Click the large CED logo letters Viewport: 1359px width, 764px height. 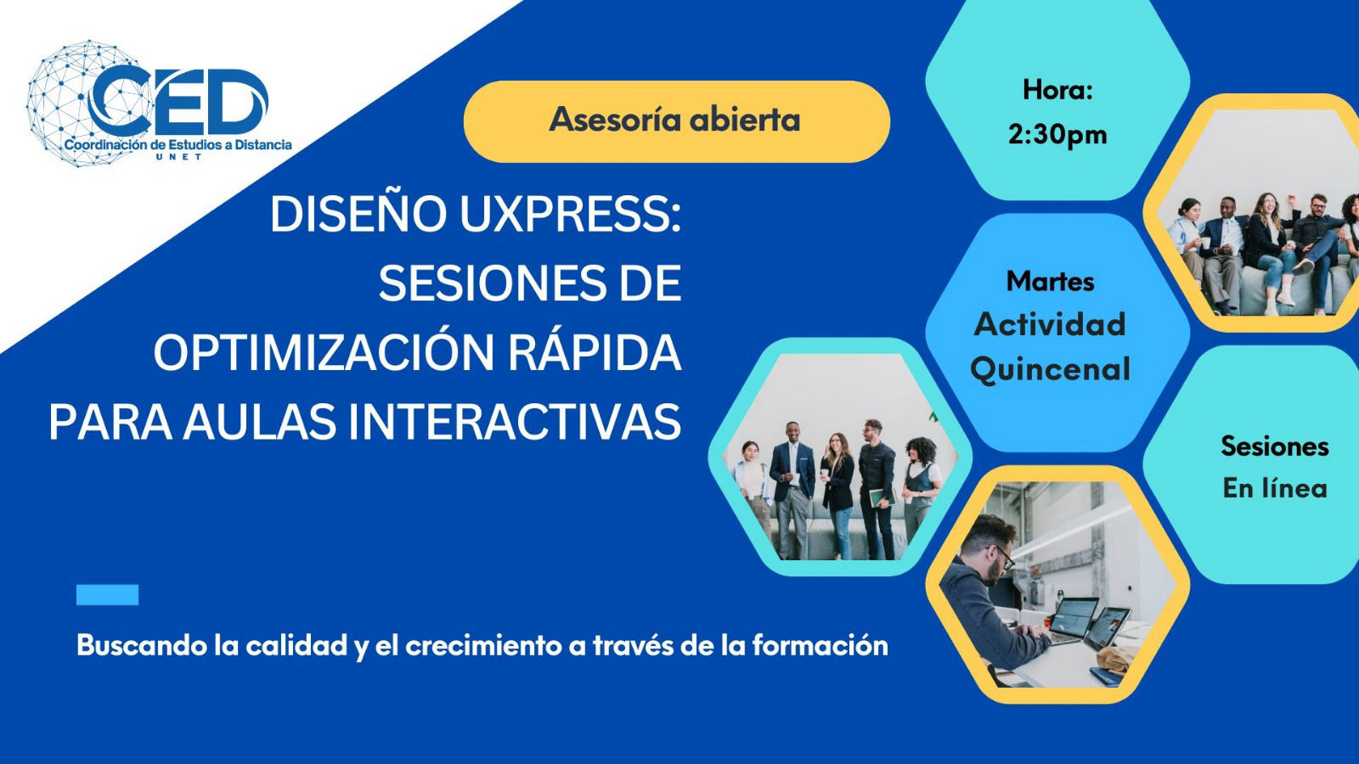(178, 101)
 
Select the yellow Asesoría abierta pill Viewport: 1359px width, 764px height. (676, 121)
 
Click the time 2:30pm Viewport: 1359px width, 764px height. (1057, 135)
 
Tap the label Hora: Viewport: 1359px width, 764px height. (1057, 90)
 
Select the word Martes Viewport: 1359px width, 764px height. (1050, 281)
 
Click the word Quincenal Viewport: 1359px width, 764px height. (1050, 369)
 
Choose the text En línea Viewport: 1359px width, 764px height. (1275, 488)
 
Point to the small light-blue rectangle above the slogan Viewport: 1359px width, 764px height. (107, 595)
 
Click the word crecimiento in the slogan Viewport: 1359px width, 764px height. (483, 645)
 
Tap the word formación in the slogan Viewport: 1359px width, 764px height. (820, 645)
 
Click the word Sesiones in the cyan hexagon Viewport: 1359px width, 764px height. (1275, 447)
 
